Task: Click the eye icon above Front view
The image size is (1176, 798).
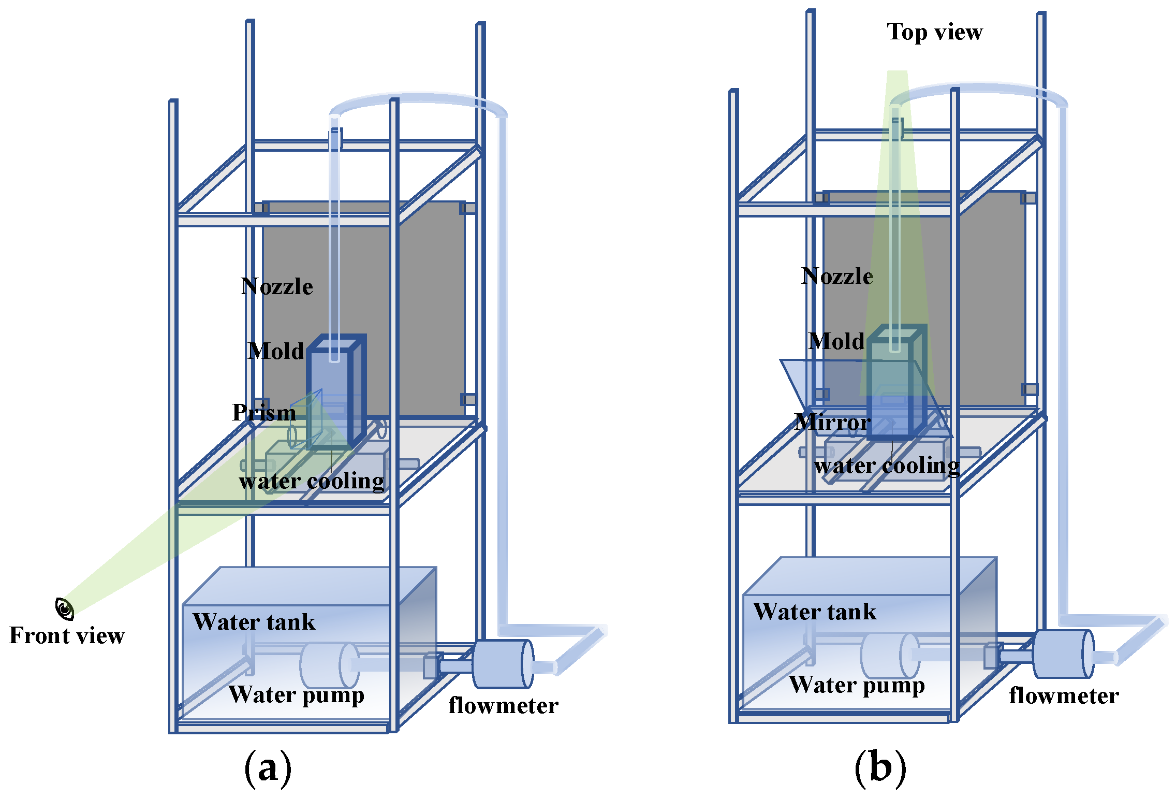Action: pyautogui.click(x=65, y=608)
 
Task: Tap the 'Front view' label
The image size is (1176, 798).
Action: pyautogui.click(x=67, y=636)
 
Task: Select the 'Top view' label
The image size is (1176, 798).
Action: pyautogui.click(x=934, y=32)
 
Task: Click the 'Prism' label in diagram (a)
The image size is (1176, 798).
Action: pyautogui.click(x=264, y=413)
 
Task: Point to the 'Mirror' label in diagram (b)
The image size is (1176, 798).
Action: pyautogui.click(x=832, y=423)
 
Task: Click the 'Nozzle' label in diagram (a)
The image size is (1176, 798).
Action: pyautogui.click(x=277, y=286)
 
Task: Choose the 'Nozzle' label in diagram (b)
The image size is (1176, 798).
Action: pyautogui.click(x=837, y=276)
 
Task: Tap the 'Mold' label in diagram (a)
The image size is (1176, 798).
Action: pyautogui.click(x=275, y=351)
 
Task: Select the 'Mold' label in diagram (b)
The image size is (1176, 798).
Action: pyautogui.click(x=836, y=341)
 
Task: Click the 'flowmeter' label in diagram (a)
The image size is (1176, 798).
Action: pyautogui.click(x=503, y=705)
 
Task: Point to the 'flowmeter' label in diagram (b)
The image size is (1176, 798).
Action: pyautogui.click(x=1064, y=695)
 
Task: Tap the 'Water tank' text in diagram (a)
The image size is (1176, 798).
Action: pyautogui.click(x=254, y=622)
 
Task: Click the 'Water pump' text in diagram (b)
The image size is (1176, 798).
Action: pyautogui.click(x=857, y=685)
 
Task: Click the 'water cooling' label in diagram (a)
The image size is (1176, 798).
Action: pyautogui.click(x=312, y=481)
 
